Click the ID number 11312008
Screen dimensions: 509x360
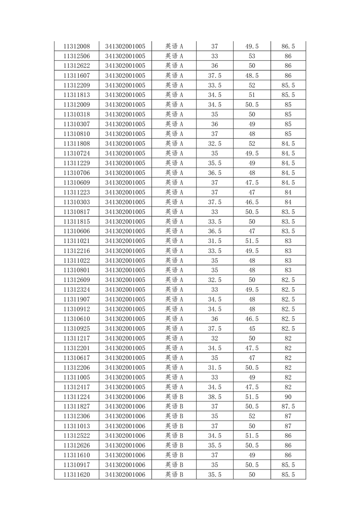coord(77,46)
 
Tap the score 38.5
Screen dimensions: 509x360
coord(215,397)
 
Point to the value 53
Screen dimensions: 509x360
coord(252,56)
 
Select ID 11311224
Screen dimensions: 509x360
coord(77,397)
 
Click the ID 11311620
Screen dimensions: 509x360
coord(77,475)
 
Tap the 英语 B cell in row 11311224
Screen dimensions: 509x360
coord(174,397)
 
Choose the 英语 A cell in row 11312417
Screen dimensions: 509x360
coord(174,387)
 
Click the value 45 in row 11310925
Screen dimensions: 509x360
coord(252,328)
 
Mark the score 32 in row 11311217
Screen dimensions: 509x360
coord(215,338)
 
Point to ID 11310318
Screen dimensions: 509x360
coord(77,114)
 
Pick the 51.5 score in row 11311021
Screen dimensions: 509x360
coord(252,241)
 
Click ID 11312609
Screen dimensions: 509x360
coord(77,280)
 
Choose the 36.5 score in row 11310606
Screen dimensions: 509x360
coord(215,231)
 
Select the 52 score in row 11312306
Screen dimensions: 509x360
coord(252,416)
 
